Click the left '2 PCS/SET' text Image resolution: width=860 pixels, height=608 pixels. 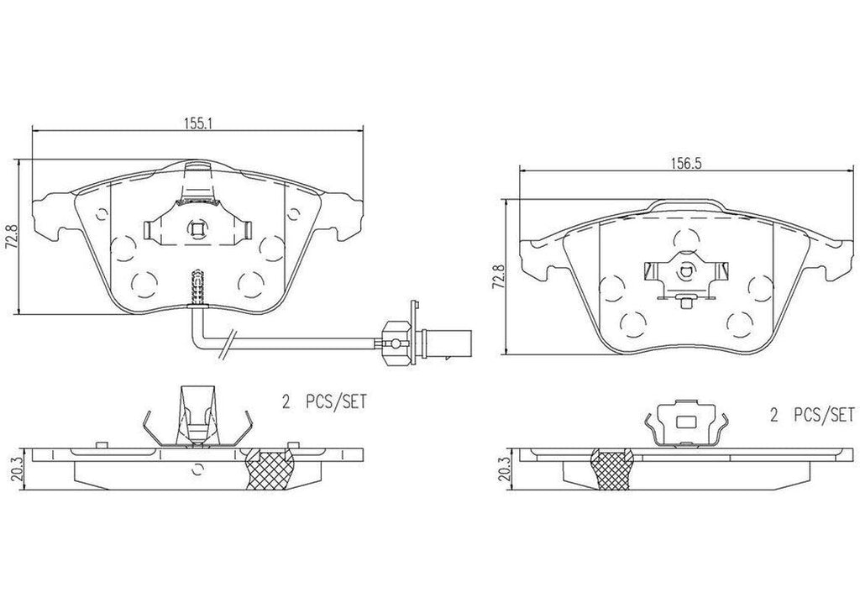click(325, 402)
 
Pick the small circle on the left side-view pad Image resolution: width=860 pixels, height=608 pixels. click(198, 467)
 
